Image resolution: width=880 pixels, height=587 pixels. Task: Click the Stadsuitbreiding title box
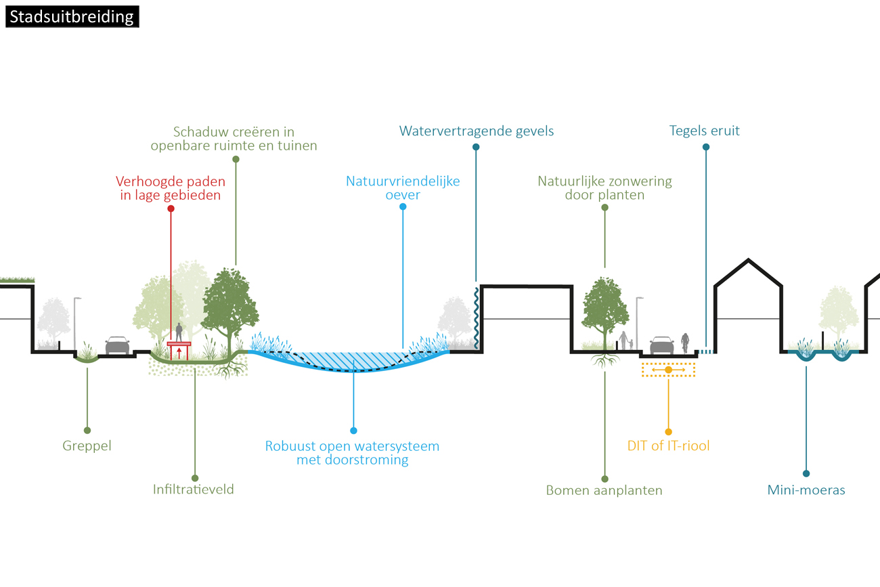click(72, 16)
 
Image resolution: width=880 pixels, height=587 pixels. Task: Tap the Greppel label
click(87, 446)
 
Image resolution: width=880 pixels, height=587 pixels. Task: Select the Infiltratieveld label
click(194, 489)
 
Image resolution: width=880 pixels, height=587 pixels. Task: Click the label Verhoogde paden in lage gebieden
click(170, 188)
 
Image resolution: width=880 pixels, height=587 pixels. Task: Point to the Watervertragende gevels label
click(477, 131)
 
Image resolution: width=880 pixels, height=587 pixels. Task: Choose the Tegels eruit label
click(705, 131)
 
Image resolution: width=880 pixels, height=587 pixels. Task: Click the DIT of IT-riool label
click(668, 446)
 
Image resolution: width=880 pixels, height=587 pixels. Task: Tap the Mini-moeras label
click(806, 490)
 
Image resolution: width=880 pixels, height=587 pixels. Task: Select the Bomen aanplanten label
click(604, 490)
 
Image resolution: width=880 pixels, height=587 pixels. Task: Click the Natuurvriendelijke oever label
click(403, 188)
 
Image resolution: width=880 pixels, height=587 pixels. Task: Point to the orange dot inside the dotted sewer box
click(668, 370)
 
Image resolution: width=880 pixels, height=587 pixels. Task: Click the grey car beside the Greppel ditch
click(117, 345)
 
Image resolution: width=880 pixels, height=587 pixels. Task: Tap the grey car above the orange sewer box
click(661, 345)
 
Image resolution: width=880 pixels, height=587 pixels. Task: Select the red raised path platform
click(179, 344)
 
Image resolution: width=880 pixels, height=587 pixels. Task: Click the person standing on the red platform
click(179, 332)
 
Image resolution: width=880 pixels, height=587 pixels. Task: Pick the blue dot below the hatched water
click(353, 431)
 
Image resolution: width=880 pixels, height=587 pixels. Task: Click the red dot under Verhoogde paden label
click(171, 209)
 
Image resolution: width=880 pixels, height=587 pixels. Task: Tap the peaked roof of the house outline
click(748, 261)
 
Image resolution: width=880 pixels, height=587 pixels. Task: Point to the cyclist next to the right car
click(685, 343)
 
